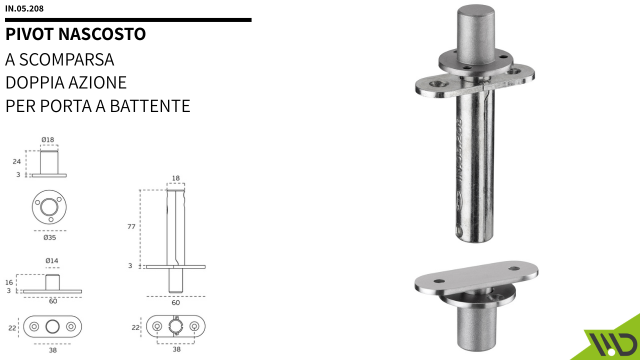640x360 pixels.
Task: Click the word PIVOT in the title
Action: click(29, 34)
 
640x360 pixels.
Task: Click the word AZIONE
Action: click(99, 81)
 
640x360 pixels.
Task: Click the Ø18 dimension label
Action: click(48, 140)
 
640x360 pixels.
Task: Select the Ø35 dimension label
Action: click(48, 239)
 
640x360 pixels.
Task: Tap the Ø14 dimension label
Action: click(51, 261)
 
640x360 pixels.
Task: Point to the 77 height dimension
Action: click(131, 228)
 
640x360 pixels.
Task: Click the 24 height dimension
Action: click(17, 160)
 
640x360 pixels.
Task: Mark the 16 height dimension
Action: click(9, 282)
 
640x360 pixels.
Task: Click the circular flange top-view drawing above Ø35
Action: click(48, 207)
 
